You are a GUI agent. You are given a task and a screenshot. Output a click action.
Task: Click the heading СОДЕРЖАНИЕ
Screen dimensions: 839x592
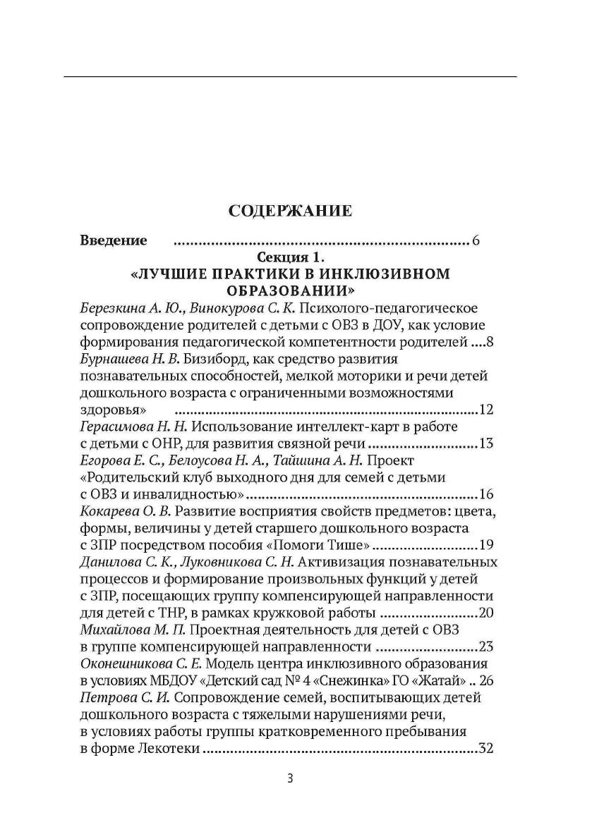coord(290,210)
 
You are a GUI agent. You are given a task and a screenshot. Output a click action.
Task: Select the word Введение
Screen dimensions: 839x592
coord(114,240)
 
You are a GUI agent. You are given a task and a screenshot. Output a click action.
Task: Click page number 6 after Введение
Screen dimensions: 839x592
coord(476,241)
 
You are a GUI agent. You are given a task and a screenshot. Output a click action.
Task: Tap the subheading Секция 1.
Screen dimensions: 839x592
coord(290,257)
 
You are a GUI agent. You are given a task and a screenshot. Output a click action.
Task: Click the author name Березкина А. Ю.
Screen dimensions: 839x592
coord(119,308)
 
